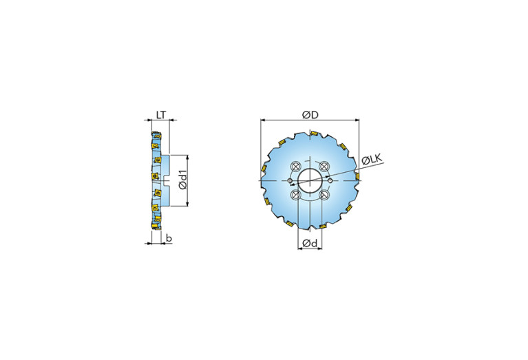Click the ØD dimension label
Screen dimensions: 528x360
(310, 115)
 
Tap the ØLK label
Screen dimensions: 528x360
(372, 160)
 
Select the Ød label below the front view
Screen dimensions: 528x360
(310, 243)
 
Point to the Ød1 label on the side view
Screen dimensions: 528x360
(182, 180)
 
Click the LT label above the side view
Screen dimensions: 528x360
(161, 115)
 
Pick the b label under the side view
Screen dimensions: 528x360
(169, 238)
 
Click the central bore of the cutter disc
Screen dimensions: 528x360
(310, 181)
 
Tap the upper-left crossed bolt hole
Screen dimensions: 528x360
(295, 166)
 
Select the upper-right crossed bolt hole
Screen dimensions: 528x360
(324, 166)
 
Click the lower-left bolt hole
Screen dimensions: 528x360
(296, 195)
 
